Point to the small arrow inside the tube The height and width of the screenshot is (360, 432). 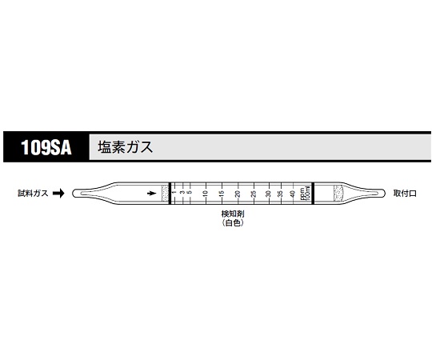point(151,194)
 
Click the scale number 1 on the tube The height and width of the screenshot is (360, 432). point(174,194)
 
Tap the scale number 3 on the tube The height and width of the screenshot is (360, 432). point(182,194)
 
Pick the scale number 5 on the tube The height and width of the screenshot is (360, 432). point(190,194)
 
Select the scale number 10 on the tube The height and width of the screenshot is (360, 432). point(206,194)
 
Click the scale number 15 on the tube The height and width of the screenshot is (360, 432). point(222,194)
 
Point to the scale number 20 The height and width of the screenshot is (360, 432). point(238,194)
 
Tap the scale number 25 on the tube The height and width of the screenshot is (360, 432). point(254,194)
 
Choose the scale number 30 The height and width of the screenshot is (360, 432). point(269,194)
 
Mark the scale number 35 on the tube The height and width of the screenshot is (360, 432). point(282,194)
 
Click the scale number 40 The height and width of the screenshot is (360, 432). point(294,194)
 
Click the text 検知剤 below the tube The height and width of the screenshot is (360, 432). point(232,217)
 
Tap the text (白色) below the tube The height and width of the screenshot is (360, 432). point(232,226)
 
